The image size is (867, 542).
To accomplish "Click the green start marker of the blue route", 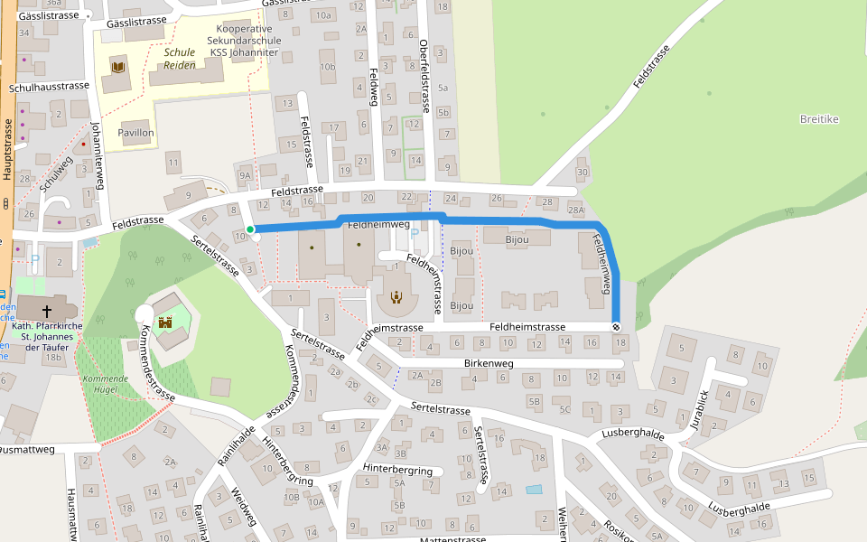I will (250, 229).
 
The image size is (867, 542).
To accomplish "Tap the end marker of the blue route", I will (617, 327).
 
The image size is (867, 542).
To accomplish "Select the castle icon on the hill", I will (165, 322).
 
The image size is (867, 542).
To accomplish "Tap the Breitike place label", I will (819, 119).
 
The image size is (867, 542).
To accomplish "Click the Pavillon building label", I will (135, 133).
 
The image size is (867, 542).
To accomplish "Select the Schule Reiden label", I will (179, 59).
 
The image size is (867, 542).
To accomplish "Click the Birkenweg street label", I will (488, 363).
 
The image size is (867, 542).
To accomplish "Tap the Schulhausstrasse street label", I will (49, 88).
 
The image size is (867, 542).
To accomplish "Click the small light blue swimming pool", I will (534, 490).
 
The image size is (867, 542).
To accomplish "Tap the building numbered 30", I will (582, 173).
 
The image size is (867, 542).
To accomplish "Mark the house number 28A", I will (576, 210).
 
